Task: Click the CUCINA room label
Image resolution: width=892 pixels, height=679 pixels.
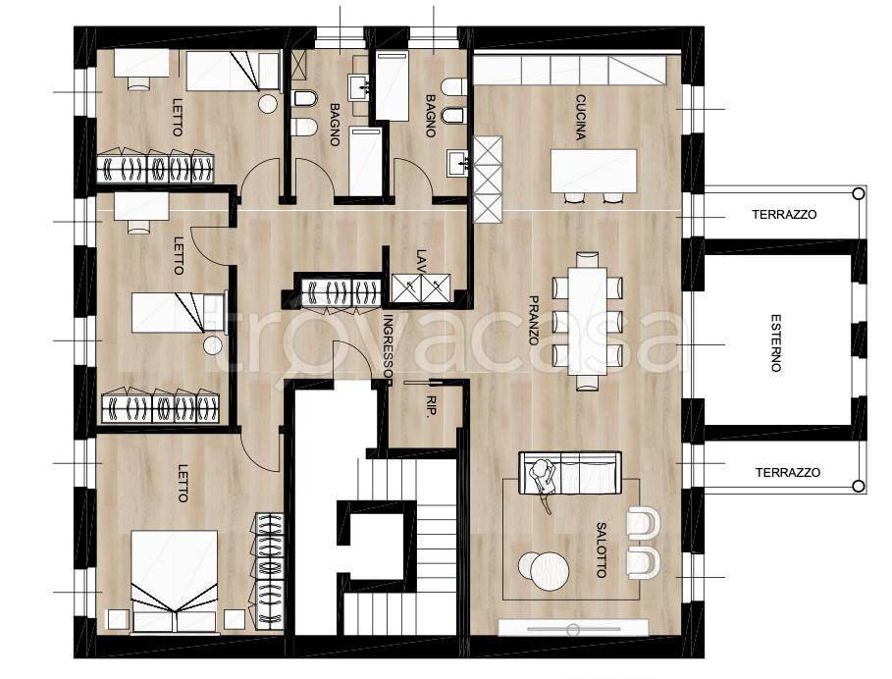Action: [x=580, y=118]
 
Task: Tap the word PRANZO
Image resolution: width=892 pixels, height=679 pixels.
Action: [x=534, y=320]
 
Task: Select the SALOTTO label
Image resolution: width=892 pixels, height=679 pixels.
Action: [x=602, y=549]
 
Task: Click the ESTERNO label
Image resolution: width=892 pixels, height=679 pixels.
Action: [x=775, y=342]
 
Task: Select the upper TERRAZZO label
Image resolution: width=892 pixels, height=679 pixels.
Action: [x=784, y=214]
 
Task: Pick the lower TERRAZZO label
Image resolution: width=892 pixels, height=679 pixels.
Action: [x=787, y=473]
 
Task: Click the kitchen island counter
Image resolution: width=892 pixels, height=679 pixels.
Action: [x=594, y=171]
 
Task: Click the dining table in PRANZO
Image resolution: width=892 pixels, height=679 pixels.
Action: [x=587, y=321]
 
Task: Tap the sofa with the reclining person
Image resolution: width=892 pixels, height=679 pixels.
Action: [x=570, y=473]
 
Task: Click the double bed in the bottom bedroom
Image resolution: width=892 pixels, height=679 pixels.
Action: [x=174, y=581]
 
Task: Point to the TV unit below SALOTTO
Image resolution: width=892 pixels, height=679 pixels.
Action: [x=573, y=628]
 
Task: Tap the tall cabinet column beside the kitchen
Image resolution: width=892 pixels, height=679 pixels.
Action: [x=488, y=180]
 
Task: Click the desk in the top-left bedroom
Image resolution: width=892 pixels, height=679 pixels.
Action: [x=141, y=63]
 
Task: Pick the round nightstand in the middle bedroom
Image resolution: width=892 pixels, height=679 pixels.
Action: [x=213, y=344]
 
